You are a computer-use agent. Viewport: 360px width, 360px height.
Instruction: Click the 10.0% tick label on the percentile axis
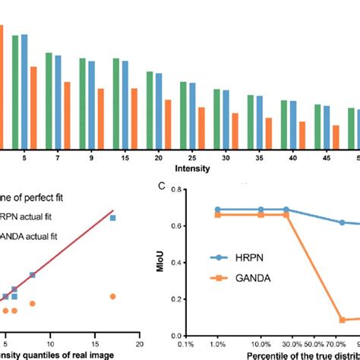[x=261, y=344]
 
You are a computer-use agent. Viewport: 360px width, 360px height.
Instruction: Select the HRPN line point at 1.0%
[x=219, y=209]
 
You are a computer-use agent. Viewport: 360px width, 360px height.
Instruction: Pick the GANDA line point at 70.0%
[x=342, y=320]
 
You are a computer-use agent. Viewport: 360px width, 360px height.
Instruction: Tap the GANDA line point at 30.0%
[x=286, y=215]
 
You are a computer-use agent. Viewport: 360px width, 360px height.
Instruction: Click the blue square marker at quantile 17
[x=112, y=218]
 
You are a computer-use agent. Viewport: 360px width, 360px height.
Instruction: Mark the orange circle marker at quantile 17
[x=112, y=296]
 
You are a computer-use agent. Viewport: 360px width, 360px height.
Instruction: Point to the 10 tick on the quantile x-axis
[x=50, y=334]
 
